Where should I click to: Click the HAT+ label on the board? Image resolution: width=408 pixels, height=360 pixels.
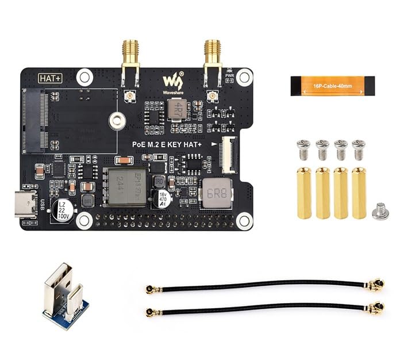tap(50, 78)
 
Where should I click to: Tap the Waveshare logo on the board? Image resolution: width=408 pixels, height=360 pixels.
tap(172, 81)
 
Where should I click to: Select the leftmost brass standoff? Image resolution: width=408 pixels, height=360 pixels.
tap(304, 193)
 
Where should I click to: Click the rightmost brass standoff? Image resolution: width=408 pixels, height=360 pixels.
tap(359, 193)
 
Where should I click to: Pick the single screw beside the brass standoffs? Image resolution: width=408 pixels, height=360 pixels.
tap(380, 212)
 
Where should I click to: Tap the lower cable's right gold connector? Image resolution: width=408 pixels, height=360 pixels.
tap(376, 307)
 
